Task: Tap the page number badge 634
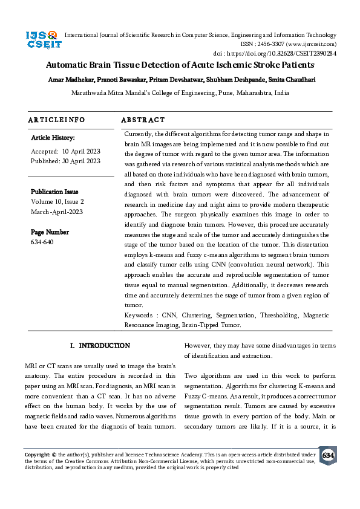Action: [328, 455]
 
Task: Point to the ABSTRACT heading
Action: [143, 120]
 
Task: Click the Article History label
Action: [53, 138]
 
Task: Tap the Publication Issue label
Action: [54, 192]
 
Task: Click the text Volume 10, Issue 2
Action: [57, 201]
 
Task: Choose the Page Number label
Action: [50, 232]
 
